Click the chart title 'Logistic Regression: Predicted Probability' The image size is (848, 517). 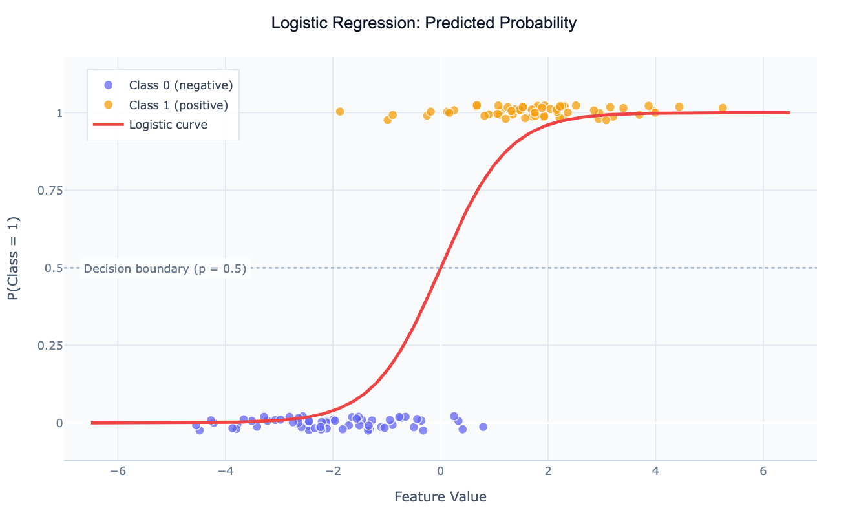[x=423, y=24]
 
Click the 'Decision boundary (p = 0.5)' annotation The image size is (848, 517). [x=165, y=269]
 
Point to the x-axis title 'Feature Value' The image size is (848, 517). [x=440, y=497]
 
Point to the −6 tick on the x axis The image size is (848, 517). [x=118, y=470]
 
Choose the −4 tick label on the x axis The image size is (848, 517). [x=225, y=470]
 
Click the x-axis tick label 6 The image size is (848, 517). [x=763, y=470]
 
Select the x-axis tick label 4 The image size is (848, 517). [x=655, y=470]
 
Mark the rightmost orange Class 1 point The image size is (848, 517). [x=723, y=108]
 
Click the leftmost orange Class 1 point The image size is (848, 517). [x=340, y=111]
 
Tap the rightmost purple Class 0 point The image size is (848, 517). [x=483, y=427]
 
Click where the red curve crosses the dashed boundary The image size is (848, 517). [x=441, y=268]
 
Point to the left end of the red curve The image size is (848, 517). [x=92, y=423]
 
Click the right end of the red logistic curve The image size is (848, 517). [x=790, y=112]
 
